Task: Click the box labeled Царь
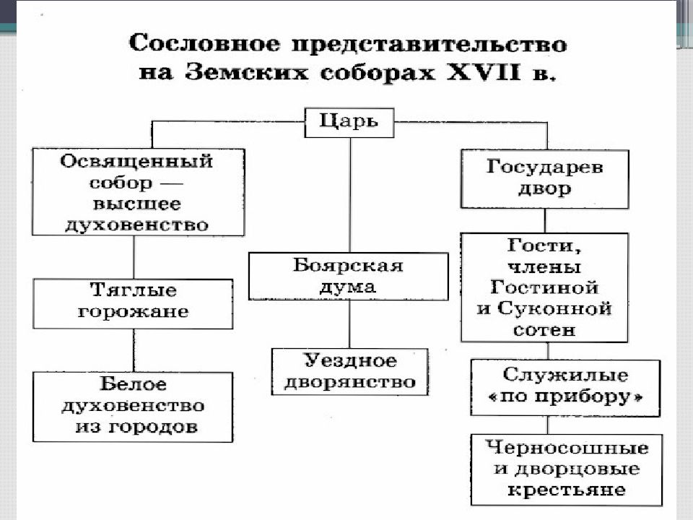tap(349, 123)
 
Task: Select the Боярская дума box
tap(348, 277)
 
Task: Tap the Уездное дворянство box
tap(349, 371)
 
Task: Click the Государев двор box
tap(544, 178)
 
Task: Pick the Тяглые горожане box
tap(133, 303)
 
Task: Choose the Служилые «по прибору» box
tap(565, 387)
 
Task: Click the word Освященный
tap(136, 161)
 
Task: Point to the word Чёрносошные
tap(567, 448)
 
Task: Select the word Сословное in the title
tap(204, 43)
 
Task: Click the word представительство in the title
tap(429, 45)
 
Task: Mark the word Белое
tap(133, 383)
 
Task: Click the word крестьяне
tap(566, 490)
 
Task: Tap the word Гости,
tap(544, 246)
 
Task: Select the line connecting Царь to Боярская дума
tap(350, 195)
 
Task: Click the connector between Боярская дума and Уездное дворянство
tap(349, 324)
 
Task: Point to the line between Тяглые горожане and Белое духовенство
tap(134, 350)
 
